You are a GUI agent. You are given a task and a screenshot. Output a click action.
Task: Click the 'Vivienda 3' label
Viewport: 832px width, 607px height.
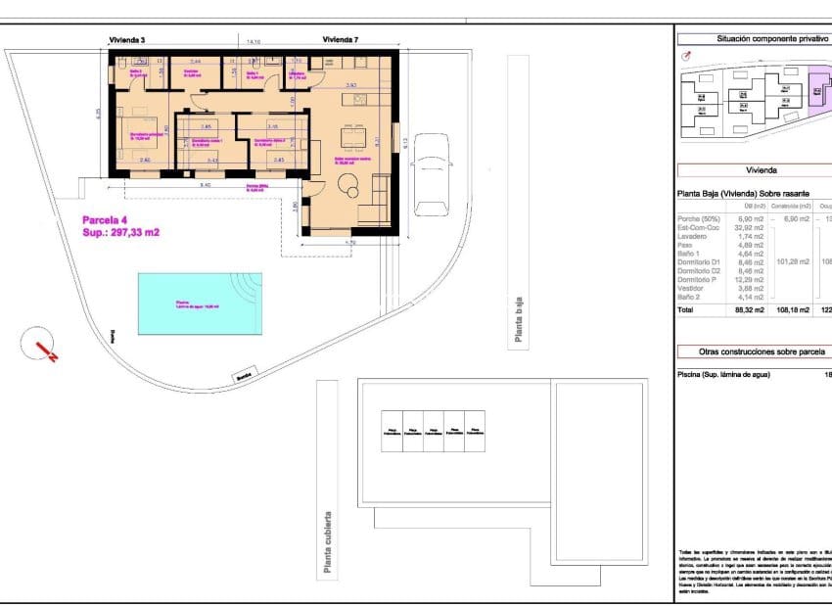127,40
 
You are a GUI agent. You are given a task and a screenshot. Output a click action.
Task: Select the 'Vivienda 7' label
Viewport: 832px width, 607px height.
340,40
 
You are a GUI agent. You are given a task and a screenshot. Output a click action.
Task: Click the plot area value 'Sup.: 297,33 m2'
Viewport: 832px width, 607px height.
120,233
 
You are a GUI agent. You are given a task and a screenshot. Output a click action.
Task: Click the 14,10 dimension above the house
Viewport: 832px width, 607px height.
254,42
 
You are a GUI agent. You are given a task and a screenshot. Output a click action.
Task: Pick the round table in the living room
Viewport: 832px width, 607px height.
347,183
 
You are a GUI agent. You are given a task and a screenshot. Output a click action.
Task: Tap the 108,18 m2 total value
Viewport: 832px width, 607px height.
792,310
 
